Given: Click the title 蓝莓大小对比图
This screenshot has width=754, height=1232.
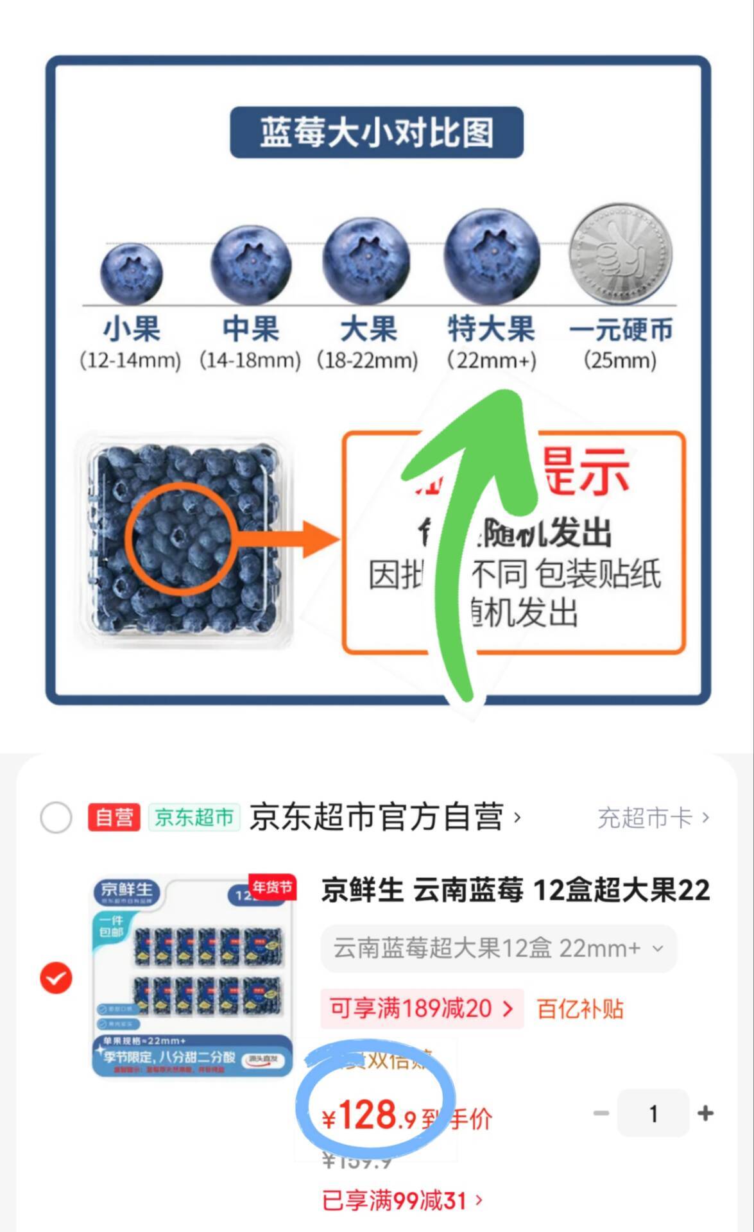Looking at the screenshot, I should click(377, 132).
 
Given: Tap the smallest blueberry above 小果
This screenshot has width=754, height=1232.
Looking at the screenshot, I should click(131, 274).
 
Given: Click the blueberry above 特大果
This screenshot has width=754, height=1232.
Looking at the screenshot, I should click(492, 255).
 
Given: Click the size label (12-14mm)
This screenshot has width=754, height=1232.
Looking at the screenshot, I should click(130, 360).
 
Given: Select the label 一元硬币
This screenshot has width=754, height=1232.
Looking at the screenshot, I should click(620, 330).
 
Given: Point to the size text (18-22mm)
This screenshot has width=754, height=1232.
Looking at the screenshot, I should click(367, 360).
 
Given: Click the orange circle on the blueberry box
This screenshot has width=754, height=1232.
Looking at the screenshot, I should click(181, 536).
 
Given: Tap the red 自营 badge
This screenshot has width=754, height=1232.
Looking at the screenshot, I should click(114, 817).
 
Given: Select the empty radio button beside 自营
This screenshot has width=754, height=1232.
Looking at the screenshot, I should click(56, 817).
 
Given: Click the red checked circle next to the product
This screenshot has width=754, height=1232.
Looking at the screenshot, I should click(56, 977).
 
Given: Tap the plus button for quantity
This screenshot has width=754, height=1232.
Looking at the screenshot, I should click(705, 1113).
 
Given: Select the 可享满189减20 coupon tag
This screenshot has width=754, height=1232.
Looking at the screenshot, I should click(421, 1009).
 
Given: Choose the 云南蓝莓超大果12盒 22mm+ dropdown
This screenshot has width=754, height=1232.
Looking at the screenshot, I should click(498, 948).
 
